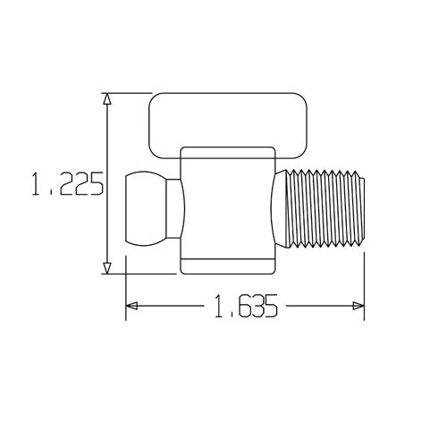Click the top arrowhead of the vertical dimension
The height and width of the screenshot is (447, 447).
[107, 99]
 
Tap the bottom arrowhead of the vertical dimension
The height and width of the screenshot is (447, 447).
[107, 267]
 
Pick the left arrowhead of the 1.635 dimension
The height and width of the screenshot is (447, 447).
[131, 307]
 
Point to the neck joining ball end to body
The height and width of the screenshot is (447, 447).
[176, 208]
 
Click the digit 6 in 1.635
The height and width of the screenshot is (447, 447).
[239, 307]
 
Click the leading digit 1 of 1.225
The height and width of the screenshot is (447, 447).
[37, 186]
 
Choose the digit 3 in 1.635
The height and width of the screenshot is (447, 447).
[254, 307]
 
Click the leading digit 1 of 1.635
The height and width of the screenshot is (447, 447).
[220, 307]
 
